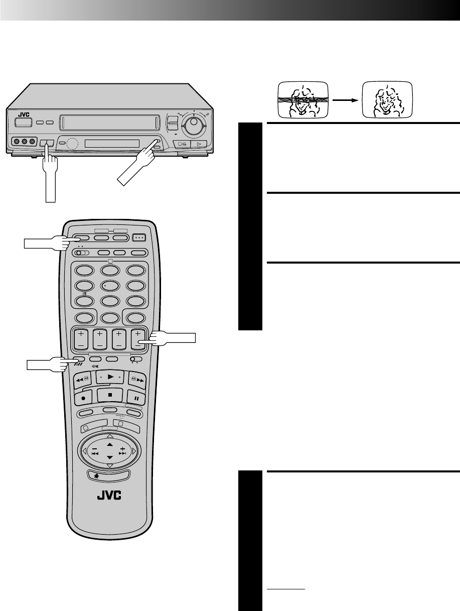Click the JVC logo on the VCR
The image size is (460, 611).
point(24,114)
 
